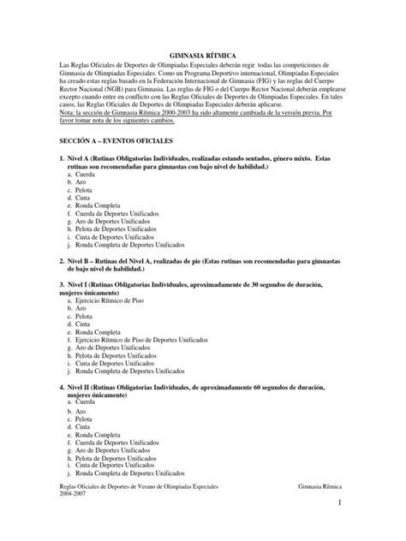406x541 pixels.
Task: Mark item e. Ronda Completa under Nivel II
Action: click(x=93, y=434)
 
